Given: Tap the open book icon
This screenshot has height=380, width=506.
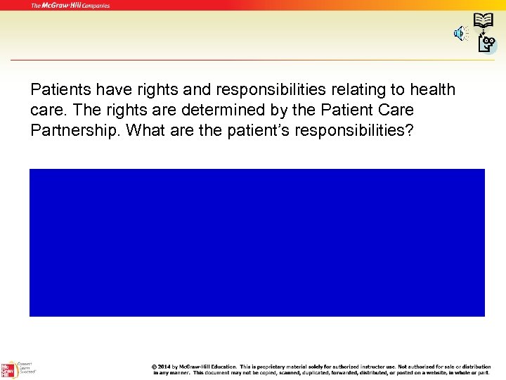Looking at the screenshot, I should pyautogui.click(x=483, y=20).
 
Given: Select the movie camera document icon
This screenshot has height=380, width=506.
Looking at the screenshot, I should pyautogui.click(x=486, y=44).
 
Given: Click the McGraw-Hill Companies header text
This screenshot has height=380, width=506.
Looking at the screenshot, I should pyautogui.click(x=70, y=6).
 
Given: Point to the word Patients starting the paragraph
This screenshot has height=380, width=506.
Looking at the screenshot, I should pyautogui.click(x=58, y=90).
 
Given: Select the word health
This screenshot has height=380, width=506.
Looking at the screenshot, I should pyautogui.click(x=432, y=90).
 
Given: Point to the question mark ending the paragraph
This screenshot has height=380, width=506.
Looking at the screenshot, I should pyautogui.click(x=410, y=131).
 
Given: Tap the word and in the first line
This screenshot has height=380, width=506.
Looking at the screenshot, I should pyautogui.click(x=181, y=90).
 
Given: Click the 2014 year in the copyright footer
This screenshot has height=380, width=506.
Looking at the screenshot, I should pyautogui.click(x=164, y=367).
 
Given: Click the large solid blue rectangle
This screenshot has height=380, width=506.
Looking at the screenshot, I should pyautogui.click(x=257, y=243).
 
